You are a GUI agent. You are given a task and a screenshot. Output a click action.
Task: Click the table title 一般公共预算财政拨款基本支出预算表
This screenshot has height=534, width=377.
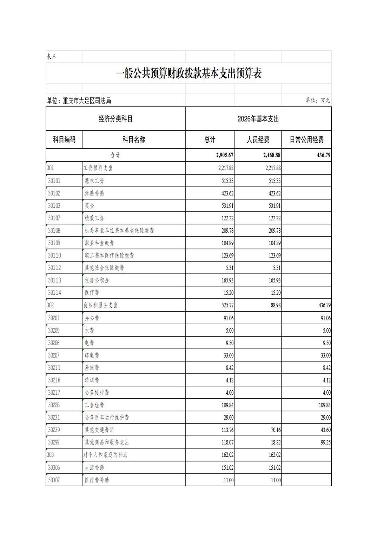(188, 73)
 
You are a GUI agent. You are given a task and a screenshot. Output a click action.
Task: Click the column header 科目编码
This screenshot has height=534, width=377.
(64, 140)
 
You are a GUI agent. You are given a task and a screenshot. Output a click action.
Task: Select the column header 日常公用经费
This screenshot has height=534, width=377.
(306, 140)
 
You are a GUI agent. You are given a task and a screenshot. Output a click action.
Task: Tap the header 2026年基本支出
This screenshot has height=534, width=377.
(258, 119)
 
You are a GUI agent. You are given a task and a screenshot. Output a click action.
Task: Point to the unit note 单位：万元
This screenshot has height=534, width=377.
(317, 100)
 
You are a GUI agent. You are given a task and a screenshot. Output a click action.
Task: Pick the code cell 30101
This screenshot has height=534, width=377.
(54, 181)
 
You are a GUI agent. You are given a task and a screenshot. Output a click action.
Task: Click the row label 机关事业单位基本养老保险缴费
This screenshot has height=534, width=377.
(119, 230)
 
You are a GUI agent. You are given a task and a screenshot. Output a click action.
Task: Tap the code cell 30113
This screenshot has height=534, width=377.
(54, 280)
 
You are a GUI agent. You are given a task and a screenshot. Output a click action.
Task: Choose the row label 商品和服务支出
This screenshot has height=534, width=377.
(100, 305)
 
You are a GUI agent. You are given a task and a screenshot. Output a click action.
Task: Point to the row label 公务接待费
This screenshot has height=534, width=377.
(97, 393)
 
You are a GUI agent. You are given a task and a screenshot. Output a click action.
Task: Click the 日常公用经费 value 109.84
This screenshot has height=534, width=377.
(324, 405)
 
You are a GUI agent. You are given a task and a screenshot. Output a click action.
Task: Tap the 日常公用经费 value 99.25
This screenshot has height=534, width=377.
(325, 442)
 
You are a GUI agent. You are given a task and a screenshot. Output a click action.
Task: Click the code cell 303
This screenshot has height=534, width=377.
(51, 455)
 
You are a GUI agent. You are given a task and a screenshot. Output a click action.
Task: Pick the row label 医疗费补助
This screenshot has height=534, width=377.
(97, 480)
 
